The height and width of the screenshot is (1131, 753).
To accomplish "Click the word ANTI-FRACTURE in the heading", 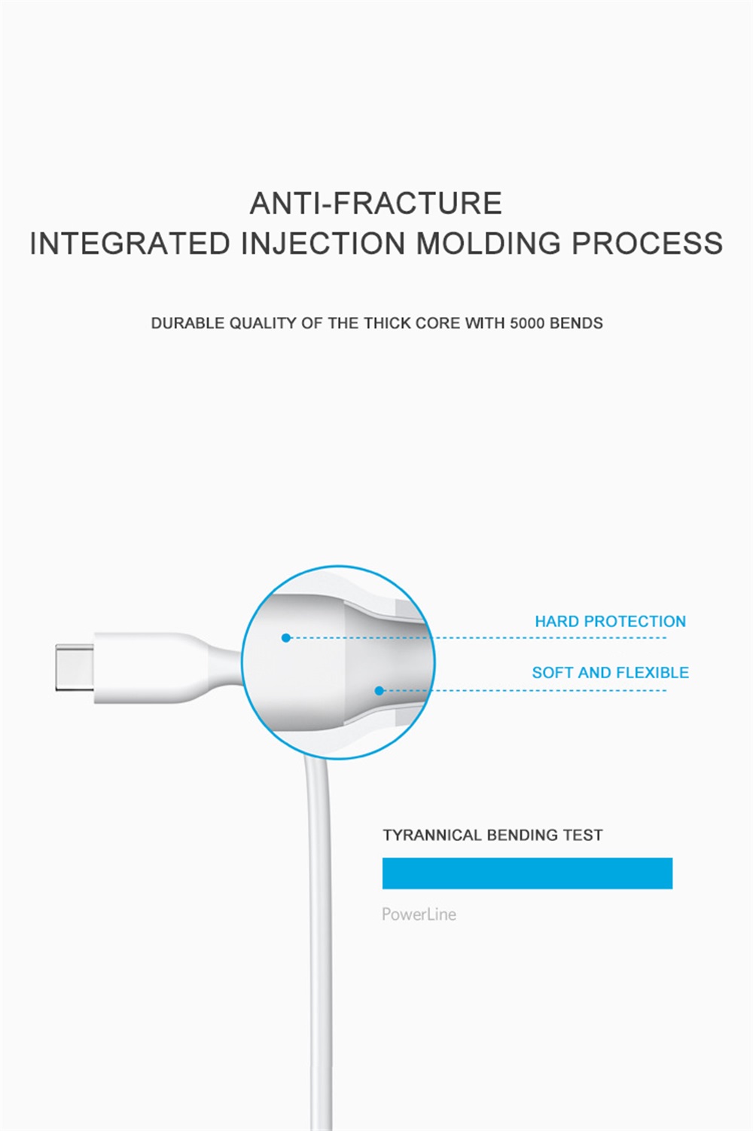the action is (x=376, y=203).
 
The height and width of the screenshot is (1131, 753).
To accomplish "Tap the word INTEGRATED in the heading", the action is (x=130, y=243).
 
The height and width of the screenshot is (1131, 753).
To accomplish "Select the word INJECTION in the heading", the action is (x=323, y=243).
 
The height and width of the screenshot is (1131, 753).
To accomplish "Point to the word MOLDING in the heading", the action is (x=488, y=243).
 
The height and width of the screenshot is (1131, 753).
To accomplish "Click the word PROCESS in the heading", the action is (x=647, y=243).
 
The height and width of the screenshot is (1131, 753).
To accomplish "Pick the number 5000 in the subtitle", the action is (x=527, y=323).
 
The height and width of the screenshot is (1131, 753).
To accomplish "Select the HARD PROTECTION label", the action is (x=610, y=621).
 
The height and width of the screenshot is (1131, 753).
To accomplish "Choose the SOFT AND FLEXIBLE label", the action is (x=610, y=673).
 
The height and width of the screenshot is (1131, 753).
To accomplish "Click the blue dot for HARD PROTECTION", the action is (x=286, y=637).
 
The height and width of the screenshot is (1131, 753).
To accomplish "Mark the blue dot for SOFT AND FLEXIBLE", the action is (x=379, y=690).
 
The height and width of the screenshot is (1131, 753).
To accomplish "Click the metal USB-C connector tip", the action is (x=75, y=668).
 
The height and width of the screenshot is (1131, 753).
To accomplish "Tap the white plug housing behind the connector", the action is (x=146, y=668).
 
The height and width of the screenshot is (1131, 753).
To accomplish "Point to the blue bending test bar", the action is (x=527, y=873).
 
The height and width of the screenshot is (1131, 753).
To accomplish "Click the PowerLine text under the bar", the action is (x=419, y=915).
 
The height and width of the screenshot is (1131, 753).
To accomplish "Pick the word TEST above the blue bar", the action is (x=583, y=835).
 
